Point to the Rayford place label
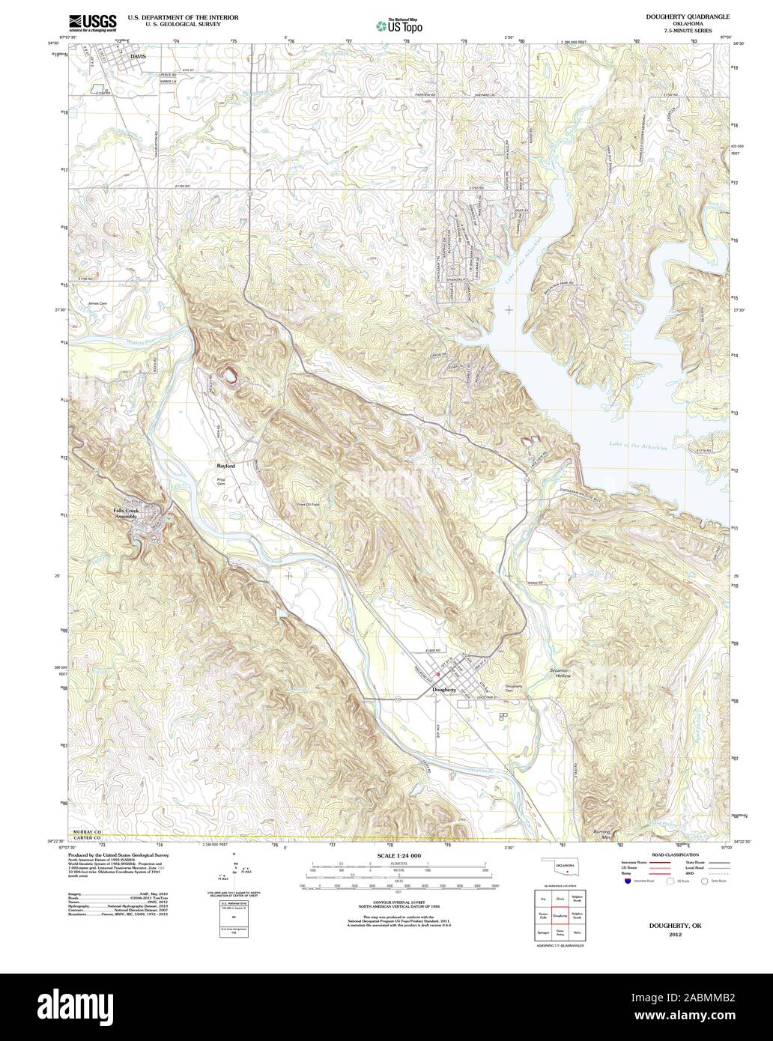coord(225,466)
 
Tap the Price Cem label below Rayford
coord(221,482)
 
